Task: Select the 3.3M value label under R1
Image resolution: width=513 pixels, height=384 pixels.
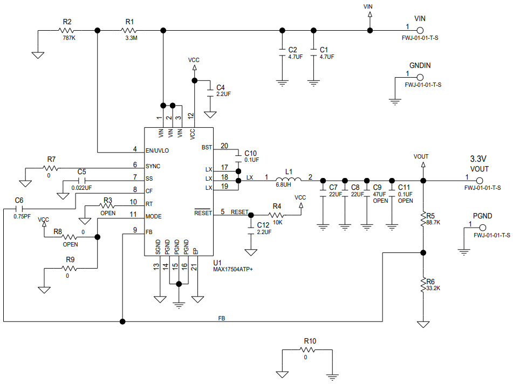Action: coord(130,38)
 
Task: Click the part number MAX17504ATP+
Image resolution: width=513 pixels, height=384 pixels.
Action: coord(233,269)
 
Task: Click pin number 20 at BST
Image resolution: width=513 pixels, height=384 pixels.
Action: coord(224,146)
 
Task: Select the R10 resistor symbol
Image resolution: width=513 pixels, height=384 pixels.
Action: coord(310,349)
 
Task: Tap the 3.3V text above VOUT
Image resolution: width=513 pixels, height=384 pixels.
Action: coord(478,159)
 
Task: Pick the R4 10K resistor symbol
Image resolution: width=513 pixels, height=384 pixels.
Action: coord(277,215)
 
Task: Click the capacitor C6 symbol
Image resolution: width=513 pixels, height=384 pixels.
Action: coord(19,209)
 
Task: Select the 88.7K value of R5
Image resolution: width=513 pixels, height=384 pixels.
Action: coord(433,222)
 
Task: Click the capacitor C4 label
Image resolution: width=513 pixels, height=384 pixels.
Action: coord(220,87)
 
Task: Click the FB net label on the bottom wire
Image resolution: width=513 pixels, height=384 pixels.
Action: coord(222,318)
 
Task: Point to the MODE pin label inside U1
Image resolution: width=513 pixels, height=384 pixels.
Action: coord(154,216)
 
